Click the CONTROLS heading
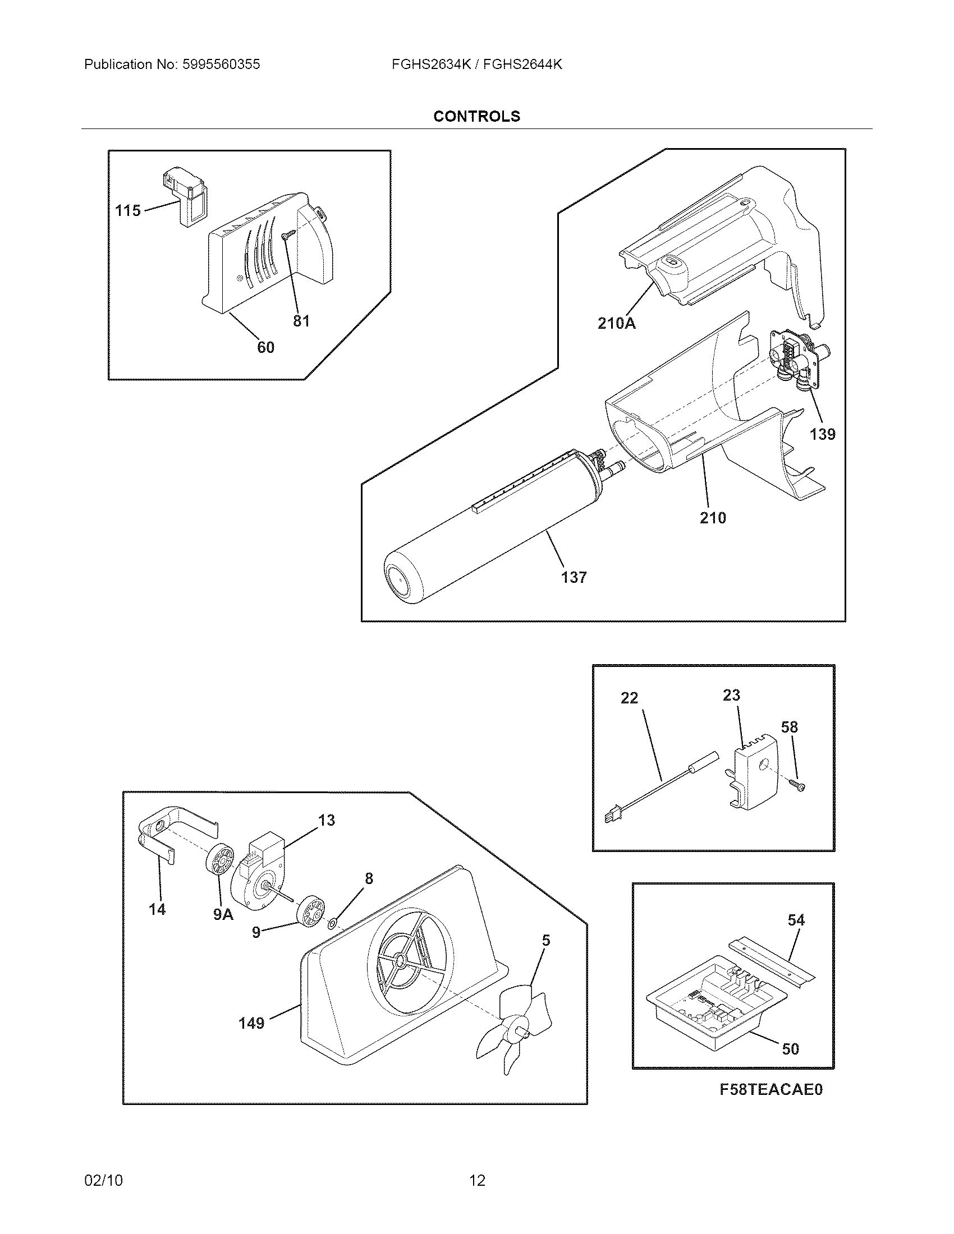tap(476, 117)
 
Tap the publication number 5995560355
tap(221, 65)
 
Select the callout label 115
tap(128, 211)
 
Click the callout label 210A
tap(616, 324)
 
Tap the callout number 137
tap(574, 577)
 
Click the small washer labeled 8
tap(332, 924)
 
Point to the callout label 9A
tap(223, 914)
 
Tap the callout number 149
tap(251, 1023)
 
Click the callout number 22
tap(629, 698)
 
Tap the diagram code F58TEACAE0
tap(771, 1089)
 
